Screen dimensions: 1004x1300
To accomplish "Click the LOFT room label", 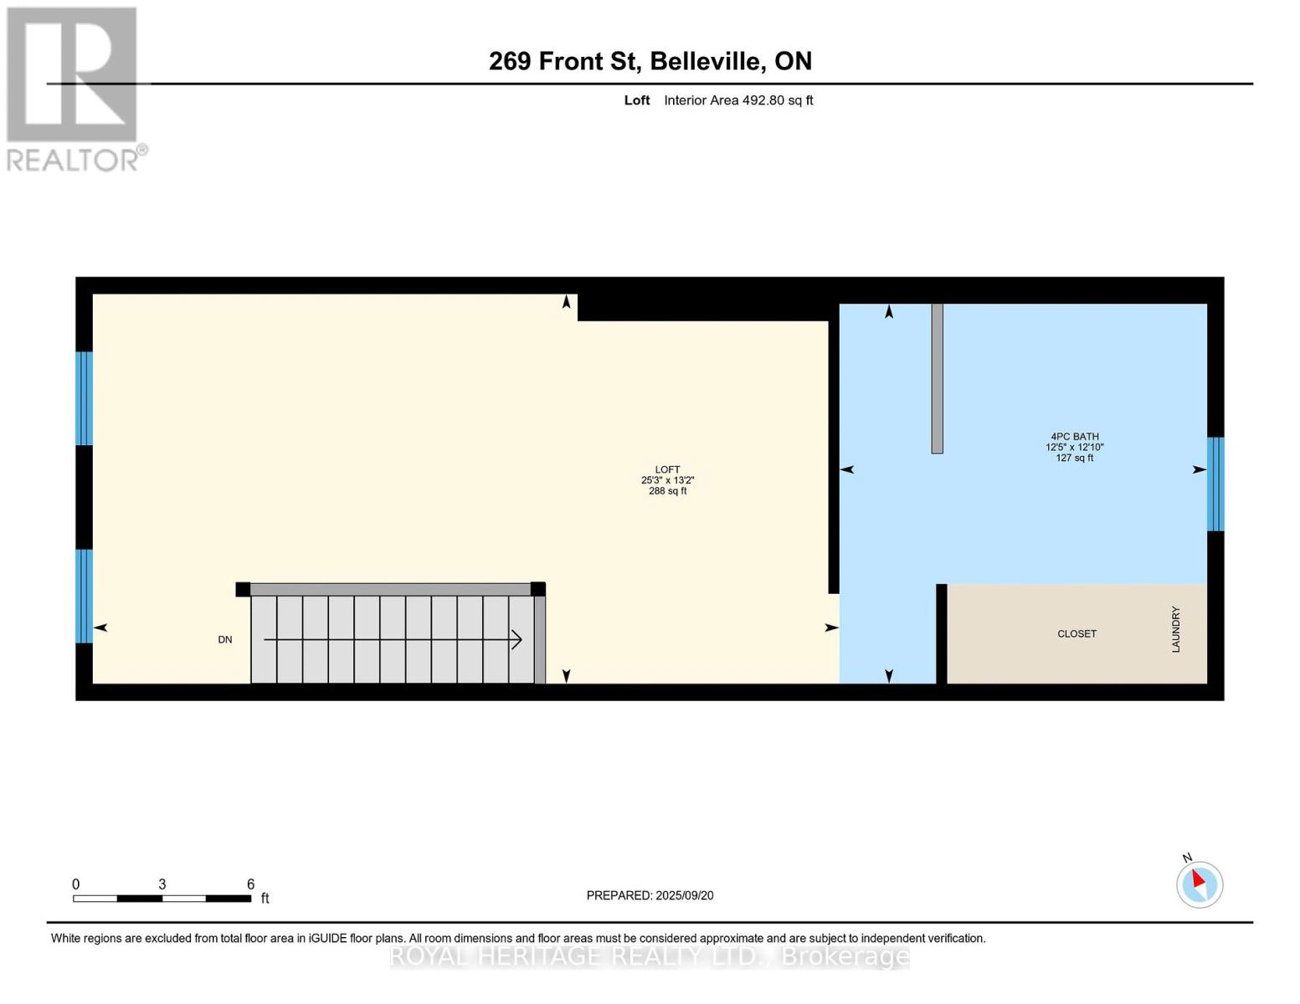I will [667, 469].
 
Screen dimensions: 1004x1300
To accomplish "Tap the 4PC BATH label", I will [1075, 436].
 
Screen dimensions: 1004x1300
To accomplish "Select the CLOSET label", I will [1076, 633].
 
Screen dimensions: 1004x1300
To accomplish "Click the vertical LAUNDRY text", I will [1175, 629].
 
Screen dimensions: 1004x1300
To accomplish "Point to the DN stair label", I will [224, 639].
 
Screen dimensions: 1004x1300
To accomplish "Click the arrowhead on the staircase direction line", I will [517, 640].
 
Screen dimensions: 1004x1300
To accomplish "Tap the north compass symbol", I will [1199, 884].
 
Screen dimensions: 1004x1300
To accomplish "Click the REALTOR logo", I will [73, 89].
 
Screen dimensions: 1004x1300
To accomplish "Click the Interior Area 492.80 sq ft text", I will [738, 100].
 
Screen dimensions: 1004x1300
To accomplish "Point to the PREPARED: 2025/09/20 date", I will [650, 895].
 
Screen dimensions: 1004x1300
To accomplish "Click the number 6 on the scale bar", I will [250, 884].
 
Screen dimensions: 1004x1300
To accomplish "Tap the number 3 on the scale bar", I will [162, 884].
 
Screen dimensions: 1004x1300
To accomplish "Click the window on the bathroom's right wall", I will [1215, 484].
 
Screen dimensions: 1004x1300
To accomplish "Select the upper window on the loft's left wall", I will [84, 398].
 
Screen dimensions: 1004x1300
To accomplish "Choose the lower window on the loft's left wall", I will [84, 596].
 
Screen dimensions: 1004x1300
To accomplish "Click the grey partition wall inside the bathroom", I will [937, 378].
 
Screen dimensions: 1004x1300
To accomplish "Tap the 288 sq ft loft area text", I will [667, 491].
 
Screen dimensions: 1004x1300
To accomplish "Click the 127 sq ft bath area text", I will [1075, 458].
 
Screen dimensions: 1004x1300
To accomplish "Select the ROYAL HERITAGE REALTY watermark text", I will [650, 955].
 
